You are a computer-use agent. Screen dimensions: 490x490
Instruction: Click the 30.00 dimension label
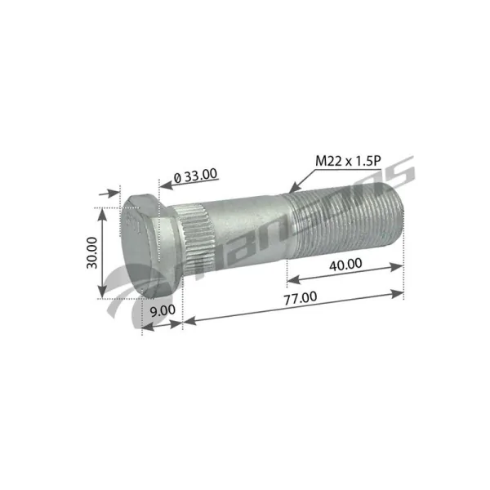pos(92,252)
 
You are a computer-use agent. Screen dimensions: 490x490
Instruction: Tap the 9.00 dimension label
pos(163,310)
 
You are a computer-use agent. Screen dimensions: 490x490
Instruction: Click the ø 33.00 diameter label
pos(196,173)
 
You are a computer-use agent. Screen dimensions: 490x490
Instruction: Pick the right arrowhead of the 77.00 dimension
pos(402,290)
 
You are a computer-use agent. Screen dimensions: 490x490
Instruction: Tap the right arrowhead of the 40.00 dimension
pos(401,265)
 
